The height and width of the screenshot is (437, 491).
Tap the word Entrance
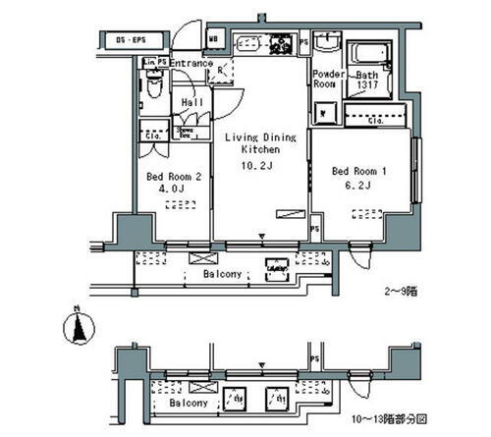pos(191,64)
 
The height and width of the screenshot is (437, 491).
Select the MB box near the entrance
pos(213,40)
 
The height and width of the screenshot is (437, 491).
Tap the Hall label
pos(191,100)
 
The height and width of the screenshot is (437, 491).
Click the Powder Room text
pos(327,80)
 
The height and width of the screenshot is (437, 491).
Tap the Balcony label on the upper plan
pos(223,275)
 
